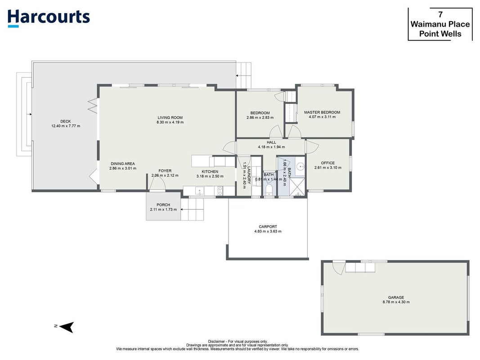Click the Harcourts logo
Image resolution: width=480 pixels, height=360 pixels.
[49, 18]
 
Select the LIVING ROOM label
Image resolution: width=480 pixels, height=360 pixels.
[170, 117]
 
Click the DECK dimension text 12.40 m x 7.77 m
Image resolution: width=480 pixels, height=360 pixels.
[66, 126]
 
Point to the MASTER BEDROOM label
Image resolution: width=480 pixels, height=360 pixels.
[322, 112]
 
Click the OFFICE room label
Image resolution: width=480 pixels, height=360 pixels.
[328, 163]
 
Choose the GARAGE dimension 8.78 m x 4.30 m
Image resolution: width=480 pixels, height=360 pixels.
[396, 302]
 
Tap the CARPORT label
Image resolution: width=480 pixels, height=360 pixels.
[268, 227]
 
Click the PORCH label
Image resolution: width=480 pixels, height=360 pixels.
[163, 205]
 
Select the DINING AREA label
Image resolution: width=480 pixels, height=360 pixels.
[123, 164]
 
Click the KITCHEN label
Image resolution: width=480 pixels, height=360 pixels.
[210, 172]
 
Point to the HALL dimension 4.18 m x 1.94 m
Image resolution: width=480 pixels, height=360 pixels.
[272, 147]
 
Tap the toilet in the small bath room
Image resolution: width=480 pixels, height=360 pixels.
[269, 189]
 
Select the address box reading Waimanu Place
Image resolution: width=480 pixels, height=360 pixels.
[440, 24]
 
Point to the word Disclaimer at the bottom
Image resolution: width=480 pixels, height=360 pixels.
[216, 342]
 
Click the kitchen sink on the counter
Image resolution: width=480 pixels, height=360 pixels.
[200, 191]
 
